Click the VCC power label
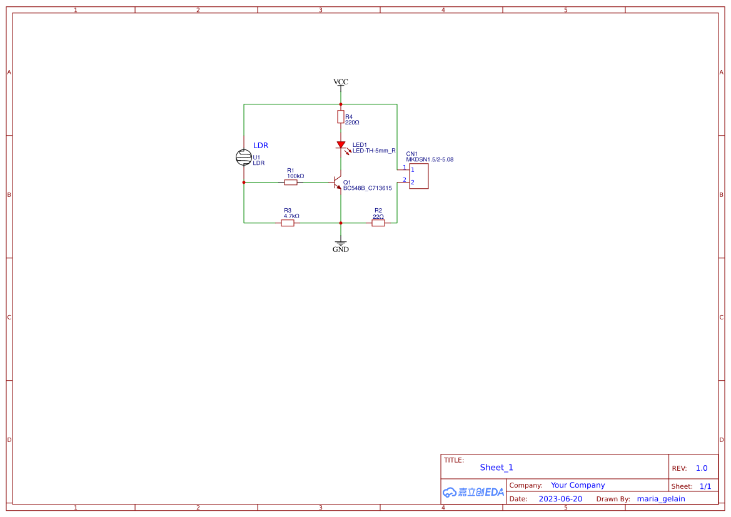click(340, 82)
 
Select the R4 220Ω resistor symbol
click(340, 117)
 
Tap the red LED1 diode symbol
click(341, 145)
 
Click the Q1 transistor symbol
click(338, 183)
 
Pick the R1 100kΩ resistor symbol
click(291, 183)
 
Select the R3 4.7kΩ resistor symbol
click(288, 223)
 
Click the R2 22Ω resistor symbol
click(378, 223)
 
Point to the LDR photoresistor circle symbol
click(244, 158)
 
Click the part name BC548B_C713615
click(367, 188)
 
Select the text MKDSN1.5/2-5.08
click(430, 160)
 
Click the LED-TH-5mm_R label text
click(374, 151)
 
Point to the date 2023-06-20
click(560, 499)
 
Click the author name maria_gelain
click(660, 499)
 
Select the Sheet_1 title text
click(497, 468)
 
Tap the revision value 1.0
click(701, 468)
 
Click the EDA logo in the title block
click(473, 492)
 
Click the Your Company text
click(577, 485)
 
